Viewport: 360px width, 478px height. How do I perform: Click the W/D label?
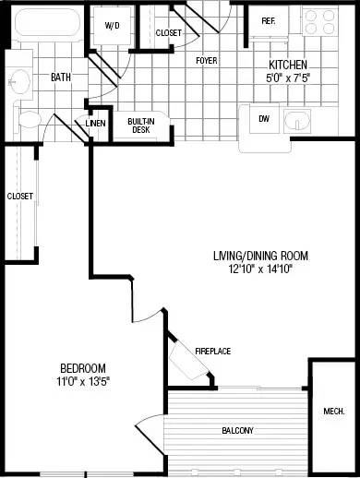pyautogui.click(x=113, y=26)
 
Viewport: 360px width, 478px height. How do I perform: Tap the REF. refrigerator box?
pyautogui.click(x=269, y=21)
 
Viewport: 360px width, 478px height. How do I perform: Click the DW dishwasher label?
pyautogui.click(x=264, y=118)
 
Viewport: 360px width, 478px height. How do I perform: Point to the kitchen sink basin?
pyautogui.click(x=297, y=121)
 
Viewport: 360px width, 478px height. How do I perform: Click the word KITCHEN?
pyautogui.click(x=287, y=66)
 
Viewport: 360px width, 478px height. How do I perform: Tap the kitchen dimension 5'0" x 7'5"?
pyautogui.click(x=287, y=78)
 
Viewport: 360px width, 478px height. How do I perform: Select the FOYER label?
pyautogui.click(x=206, y=61)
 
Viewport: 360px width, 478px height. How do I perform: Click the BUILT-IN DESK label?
pyautogui.click(x=140, y=125)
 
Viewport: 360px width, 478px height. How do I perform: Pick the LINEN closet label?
pyautogui.click(x=95, y=124)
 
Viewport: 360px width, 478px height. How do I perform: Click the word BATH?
pyautogui.click(x=61, y=78)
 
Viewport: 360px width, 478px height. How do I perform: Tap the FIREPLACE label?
pyautogui.click(x=212, y=351)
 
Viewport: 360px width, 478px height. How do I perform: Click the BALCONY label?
pyautogui.click(x=237, y=431)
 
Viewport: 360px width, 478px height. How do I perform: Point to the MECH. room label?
pyautogui.click(x=334, y=411)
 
